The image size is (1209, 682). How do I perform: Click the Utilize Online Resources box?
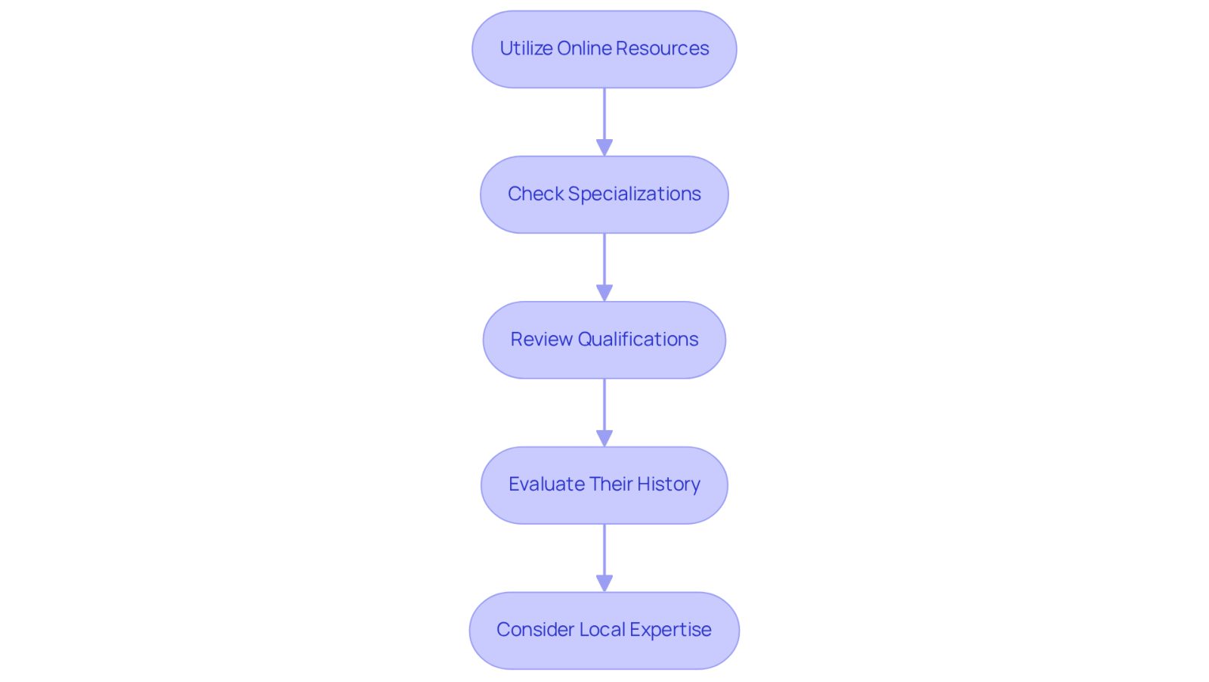[x=604, y=49]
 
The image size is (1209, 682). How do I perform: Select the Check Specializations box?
[x=604, y=194]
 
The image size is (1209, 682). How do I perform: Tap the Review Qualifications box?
[x=604, y=339]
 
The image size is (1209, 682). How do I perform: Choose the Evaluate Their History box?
[x=604, y=485]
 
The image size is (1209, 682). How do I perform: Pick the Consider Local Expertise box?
[x=604, y=630]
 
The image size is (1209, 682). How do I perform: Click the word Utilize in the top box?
[x=526, y=48]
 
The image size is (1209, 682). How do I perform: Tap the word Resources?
[x=662, y=48]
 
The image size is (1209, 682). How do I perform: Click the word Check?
[x=536, y=194]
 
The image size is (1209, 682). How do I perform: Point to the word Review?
[x=541, y=339]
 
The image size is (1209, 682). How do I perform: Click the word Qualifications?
[x=638, y=339]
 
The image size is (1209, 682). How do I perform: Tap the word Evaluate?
[x=546, y=485]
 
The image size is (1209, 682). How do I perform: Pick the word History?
[x=669, y=485]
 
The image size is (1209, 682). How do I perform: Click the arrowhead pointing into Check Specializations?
[x=604, y=147]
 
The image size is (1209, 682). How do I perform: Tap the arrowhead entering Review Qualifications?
[x=604, y=293]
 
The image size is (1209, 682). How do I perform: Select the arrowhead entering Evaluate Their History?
[x=604, y=438]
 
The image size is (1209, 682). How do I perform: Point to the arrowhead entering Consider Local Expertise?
[x=604, y=583]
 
